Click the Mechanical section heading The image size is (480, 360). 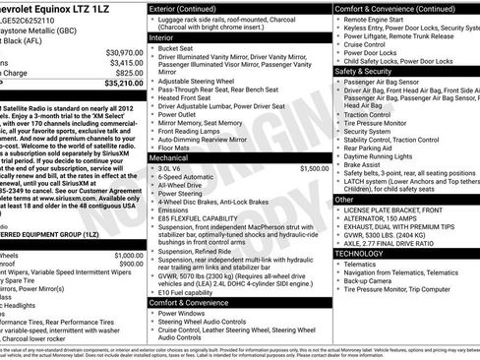(168, 156)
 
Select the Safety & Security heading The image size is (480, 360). (363, 71)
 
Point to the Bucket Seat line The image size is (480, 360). (178, 47)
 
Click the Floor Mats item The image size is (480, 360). (176, 146)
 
